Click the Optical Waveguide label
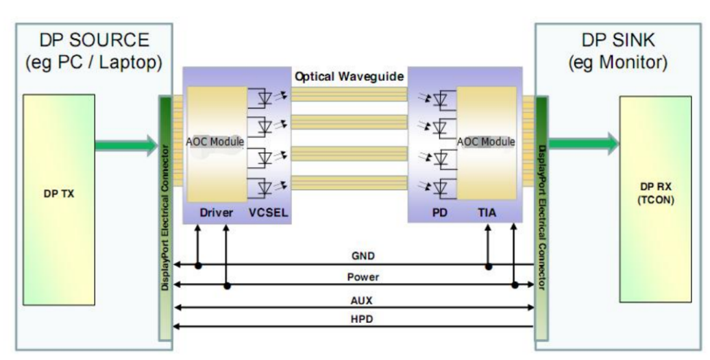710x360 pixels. click(349, 76)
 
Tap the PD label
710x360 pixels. click(440, 213)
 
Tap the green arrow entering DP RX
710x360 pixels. click(583, 143)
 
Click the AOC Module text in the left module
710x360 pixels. click(215, 142)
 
